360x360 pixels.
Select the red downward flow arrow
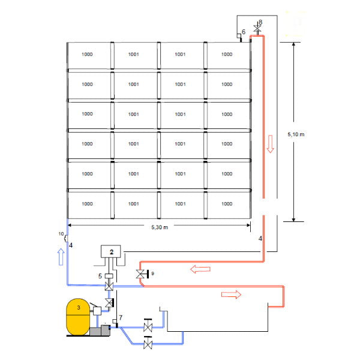[x=270, y=144]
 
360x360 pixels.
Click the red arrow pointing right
[x=231, y=294]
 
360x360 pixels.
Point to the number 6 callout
[x=244, y=31]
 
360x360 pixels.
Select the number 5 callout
[x=100, y=275]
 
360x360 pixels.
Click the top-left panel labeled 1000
[x=88, y=54]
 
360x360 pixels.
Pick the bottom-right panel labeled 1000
[x=227, y=203]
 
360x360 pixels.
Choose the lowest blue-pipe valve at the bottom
[x=148, y=345]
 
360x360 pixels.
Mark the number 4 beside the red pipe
[x=260, y=239]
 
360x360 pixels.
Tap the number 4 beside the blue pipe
[x=71, y=245]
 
